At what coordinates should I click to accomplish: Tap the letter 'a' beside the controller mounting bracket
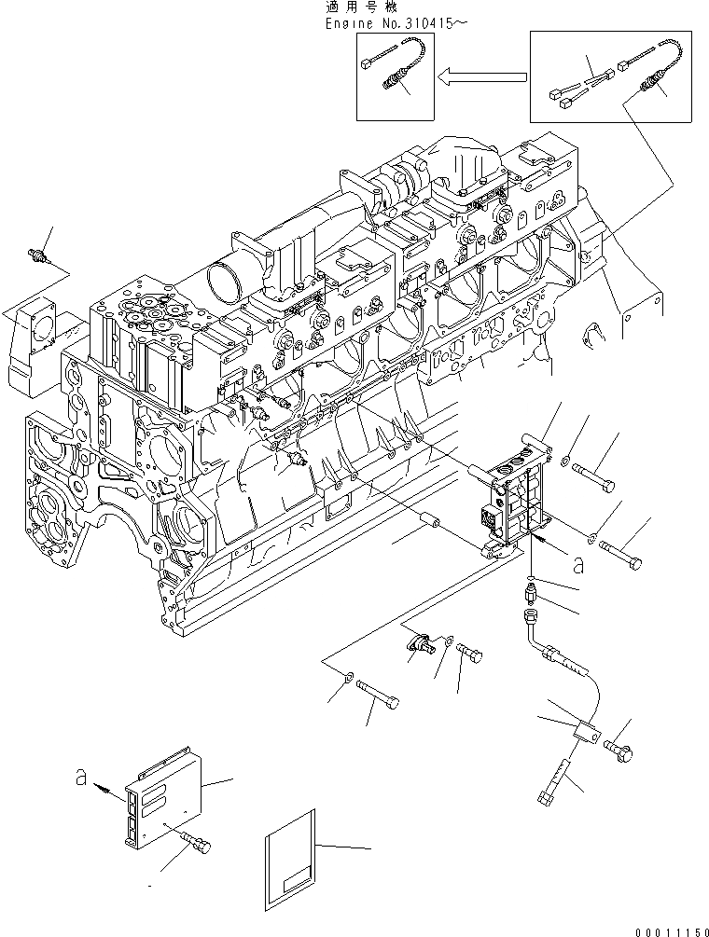pyautogui.click(x=579, y=563)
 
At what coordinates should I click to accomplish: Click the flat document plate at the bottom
pyautogui.click(x=292, y=866)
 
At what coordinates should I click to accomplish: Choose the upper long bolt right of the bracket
pyautogui.click(x=593, y=475)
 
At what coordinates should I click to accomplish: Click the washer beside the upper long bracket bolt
pyautogui.click(x=567, y=458)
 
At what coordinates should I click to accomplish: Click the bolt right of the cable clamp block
pyautogui.click(x=619, y=747)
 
